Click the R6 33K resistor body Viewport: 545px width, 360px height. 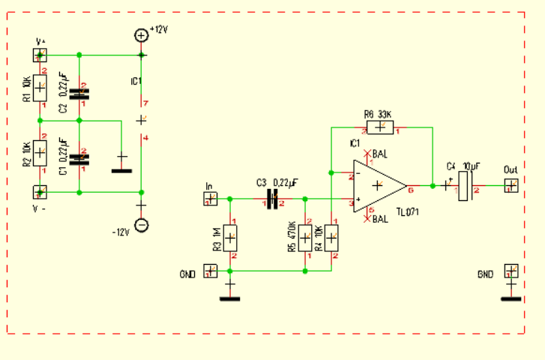coord(381,127)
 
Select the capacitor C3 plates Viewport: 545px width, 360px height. coord(272,199)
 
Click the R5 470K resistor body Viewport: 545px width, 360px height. coord(306,238)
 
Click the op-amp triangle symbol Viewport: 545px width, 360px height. coord(379,185)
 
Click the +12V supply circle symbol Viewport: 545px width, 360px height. coord(141,34)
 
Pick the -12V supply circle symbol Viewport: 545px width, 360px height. coord(141,225)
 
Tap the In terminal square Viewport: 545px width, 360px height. coord(211,199)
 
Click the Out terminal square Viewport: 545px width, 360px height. coord(511,185)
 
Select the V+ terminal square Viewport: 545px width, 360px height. coord(40,55)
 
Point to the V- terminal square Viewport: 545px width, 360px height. coord(40,192)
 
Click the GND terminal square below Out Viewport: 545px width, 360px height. coord(511,271)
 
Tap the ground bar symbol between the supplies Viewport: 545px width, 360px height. coord(121,170)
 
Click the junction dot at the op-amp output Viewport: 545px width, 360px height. coord(433,185)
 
